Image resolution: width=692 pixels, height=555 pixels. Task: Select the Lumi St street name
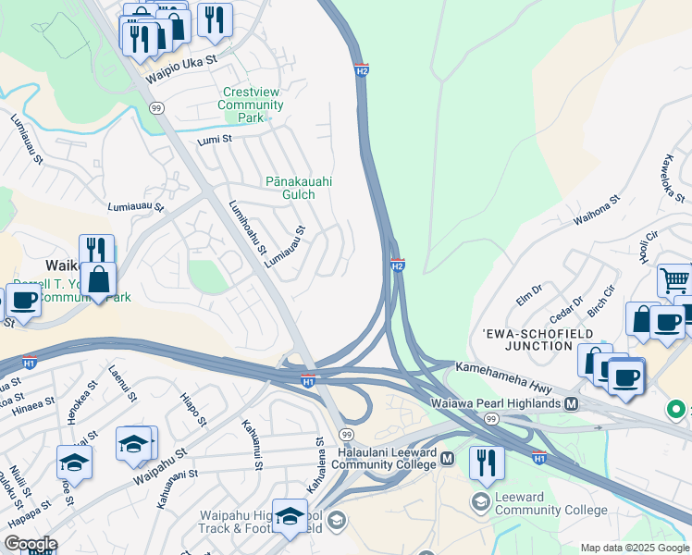pyautogui.click(x=215, y=139)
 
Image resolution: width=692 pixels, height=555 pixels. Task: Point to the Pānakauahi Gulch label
pyautogui.click(x=299, y=189)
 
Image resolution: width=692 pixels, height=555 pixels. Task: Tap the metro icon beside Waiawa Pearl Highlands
pyautogui.click(x=572, y=404)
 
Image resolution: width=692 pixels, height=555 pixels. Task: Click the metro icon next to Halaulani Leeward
pyautogui.click(x=448, y=458)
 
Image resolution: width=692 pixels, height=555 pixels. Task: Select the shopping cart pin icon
pyautogui.click(x=675, y=279)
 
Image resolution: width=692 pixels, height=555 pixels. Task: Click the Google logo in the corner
pyautogui.click(x=31, y=544)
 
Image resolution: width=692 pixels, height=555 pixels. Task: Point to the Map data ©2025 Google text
pyautogui.click(x=634, y=548)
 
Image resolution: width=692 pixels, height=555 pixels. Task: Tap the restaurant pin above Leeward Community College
pyautogui.click(x=487, y=462)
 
